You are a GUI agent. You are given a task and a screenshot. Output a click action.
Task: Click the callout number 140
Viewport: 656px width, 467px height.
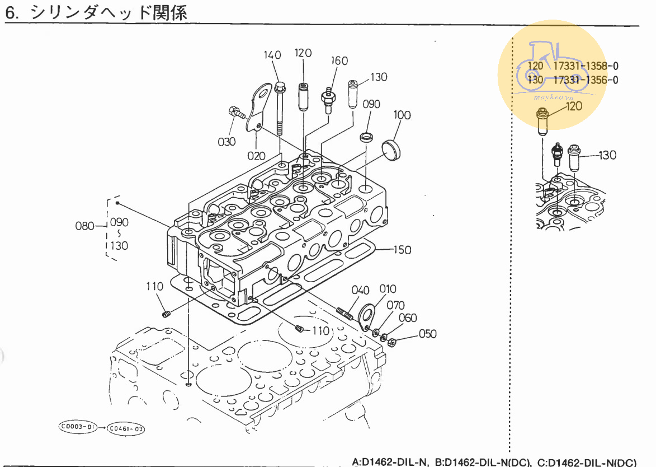pyautogui.click(x=272, y=55)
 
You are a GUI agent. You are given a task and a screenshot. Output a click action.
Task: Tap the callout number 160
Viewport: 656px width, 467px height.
pyautogui.click(x=339, y=61)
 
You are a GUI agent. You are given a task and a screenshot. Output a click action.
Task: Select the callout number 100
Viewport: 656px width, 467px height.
pyautogui.click(x=402, y=115)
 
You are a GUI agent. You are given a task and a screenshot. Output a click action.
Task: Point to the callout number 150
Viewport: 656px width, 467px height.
pyautogui.click(x=402, y=250)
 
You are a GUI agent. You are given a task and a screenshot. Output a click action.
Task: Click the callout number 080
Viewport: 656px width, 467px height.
pyautogui.click(x=85, y=226)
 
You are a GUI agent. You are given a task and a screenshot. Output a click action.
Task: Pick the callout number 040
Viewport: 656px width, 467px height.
pyautogui.click(x=361, y=290)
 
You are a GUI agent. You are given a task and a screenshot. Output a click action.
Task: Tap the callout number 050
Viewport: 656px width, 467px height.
pyautogui.click(x=427, y=334)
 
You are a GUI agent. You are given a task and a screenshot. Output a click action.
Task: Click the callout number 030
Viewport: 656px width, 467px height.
pyautogui.click(x=226, y=142)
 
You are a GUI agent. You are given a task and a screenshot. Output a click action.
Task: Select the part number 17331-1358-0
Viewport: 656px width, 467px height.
pyautogui.click(x=586, y=66)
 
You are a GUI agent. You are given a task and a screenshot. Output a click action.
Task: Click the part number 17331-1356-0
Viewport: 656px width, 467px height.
pyautogui.click(x=586, y=80)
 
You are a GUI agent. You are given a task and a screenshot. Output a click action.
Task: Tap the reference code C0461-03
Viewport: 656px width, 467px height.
pyautogui.click(x=126, y=429)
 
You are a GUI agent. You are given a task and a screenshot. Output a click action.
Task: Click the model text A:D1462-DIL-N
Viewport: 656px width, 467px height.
pyautogui.click(x=390, y=462)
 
